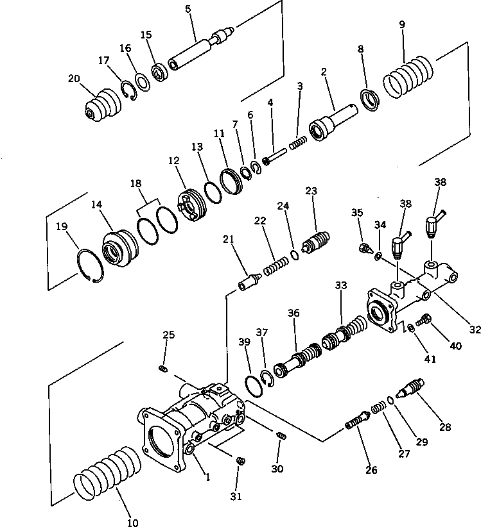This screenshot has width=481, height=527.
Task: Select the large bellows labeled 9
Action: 409,79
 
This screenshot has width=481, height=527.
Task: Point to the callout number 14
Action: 96,205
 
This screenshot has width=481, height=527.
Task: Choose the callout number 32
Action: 475,331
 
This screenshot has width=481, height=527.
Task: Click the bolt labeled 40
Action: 424,318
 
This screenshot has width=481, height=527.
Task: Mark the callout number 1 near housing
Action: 207,476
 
